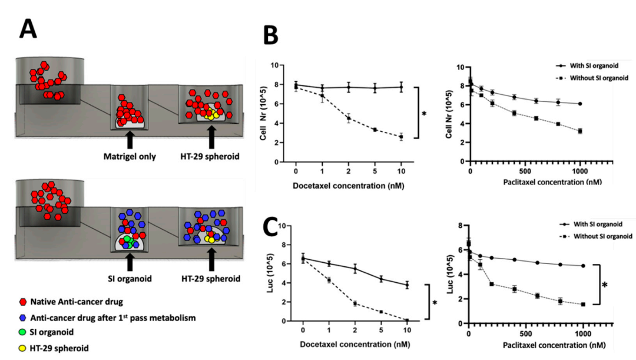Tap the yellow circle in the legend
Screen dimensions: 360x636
point(23,348)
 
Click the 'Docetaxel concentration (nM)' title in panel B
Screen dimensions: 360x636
point(351,186)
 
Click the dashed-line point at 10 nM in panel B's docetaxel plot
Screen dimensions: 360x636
point(401,137)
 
